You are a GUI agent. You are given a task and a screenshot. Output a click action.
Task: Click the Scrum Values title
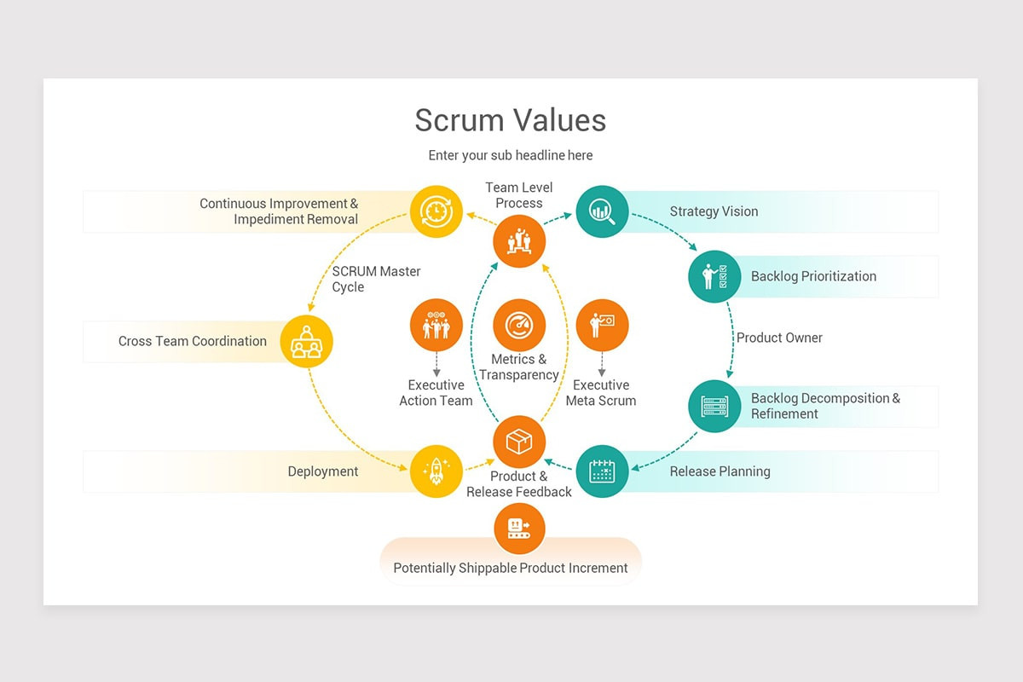(510, 120)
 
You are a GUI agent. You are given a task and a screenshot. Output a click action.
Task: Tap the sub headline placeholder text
(510, 155)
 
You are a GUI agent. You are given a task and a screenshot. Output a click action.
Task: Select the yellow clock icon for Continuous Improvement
(436, 211)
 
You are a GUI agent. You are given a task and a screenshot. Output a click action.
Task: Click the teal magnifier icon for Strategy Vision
(602, 211)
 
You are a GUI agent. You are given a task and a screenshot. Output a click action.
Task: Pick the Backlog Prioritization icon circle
(714, 276)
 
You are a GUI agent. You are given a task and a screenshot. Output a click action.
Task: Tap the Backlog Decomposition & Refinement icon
(714, 406)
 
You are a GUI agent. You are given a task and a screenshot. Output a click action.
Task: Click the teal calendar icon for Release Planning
(602, 471)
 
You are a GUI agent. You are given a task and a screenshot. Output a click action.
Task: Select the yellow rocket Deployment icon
(436, 471)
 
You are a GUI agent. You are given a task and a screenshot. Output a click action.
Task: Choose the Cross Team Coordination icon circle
(306, 341)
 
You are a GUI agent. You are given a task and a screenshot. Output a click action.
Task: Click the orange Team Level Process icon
(519, 241)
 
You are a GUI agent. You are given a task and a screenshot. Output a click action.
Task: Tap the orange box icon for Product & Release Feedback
(519, 442)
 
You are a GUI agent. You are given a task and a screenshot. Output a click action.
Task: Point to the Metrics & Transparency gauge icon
(519, 325)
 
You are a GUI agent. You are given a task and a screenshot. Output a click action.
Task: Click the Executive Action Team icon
(436, 325)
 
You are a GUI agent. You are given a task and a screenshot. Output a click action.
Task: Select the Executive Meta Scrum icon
(602, 325)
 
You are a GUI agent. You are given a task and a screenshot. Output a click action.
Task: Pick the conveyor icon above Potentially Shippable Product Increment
(519, 528)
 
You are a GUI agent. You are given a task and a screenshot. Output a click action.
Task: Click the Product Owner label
(779, 338)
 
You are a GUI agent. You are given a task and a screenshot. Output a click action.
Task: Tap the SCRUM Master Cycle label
(376, 279)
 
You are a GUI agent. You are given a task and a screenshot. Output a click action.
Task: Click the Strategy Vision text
(714, 211)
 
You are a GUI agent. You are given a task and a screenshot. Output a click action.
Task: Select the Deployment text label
(323, 471)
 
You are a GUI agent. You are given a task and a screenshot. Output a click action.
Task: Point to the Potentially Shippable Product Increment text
(510, 568)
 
